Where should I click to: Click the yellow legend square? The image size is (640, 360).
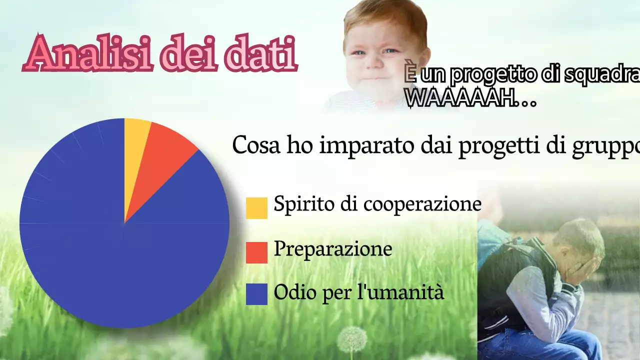pyautogui.click(x=256, y=208)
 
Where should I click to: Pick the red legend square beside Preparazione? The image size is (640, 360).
pyautogui.click(x=256, y=252)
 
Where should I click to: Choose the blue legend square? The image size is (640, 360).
pyautogui.click(x=256, y=294)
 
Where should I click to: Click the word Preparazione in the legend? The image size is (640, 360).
pyautogui.click(x=332, y=249)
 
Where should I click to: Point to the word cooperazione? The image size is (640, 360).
pyautogui.click(x=422, y=204)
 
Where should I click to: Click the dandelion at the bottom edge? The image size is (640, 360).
pyautogui.click(x=351, y=340)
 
